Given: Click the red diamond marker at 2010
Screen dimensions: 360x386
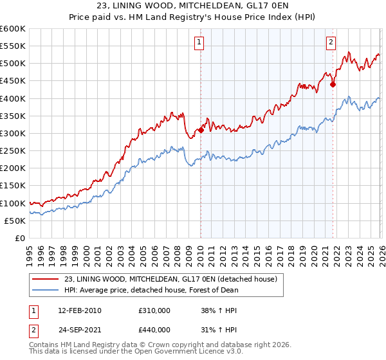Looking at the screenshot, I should [x=201, y=130].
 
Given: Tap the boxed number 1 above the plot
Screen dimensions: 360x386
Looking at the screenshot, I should [x=199, y=43].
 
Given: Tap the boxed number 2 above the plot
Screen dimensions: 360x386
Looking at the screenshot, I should [x=331, y=43].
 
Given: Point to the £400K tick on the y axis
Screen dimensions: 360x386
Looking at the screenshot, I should [x=13, y=98].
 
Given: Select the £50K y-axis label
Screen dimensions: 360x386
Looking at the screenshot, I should [x=15, y=221].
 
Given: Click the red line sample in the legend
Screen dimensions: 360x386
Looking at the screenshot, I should [x=46, y=279].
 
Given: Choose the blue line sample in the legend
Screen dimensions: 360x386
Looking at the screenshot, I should [x=46, y=290].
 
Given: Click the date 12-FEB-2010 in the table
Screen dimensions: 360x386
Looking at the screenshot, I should [x=79, y=310].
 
